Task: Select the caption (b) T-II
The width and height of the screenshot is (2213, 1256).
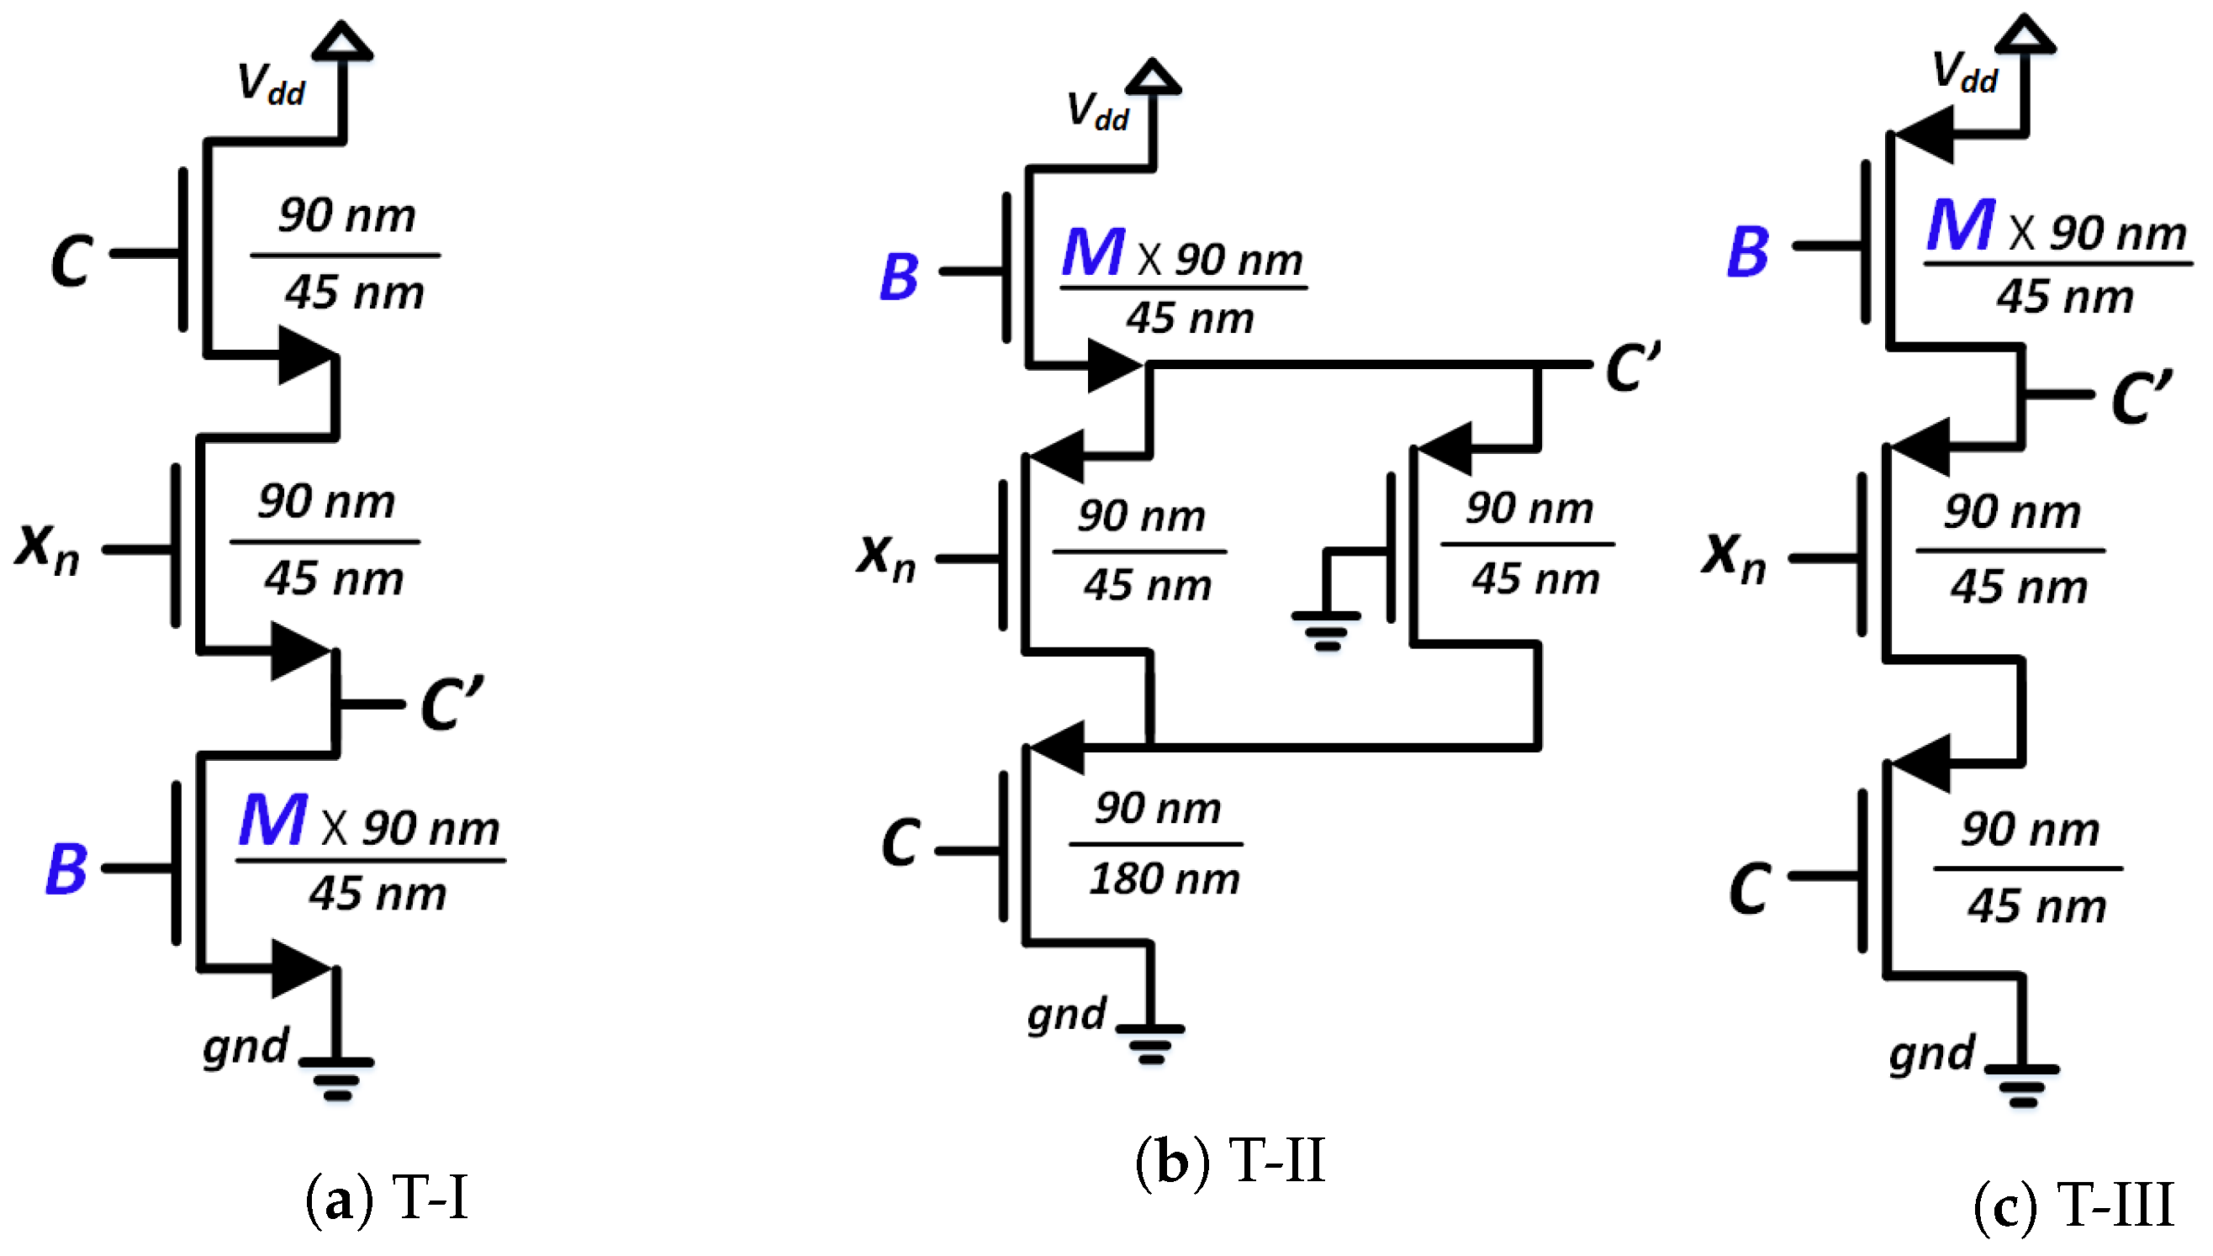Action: tap(1228, 1161)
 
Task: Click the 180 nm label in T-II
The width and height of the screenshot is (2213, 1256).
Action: tap(1164, 879)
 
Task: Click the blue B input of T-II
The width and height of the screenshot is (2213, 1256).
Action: tap(898, 277)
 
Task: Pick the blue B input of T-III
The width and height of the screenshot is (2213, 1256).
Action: tap(1748, 252)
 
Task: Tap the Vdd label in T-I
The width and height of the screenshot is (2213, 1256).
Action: tap(270, 85)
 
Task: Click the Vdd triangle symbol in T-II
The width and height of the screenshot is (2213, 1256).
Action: tap(1152, 76)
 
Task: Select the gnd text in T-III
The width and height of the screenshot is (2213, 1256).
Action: tap(1930, 1054)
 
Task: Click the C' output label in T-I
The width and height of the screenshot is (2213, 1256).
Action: tap(452, 704)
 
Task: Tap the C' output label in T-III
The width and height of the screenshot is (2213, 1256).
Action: tap(2142, 397)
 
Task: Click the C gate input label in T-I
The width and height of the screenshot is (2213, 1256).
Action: tap(71, 261)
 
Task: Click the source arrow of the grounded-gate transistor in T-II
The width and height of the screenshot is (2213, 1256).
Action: tap(1445, 449)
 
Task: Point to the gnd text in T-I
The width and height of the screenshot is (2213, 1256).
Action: tap(245, 1048)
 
